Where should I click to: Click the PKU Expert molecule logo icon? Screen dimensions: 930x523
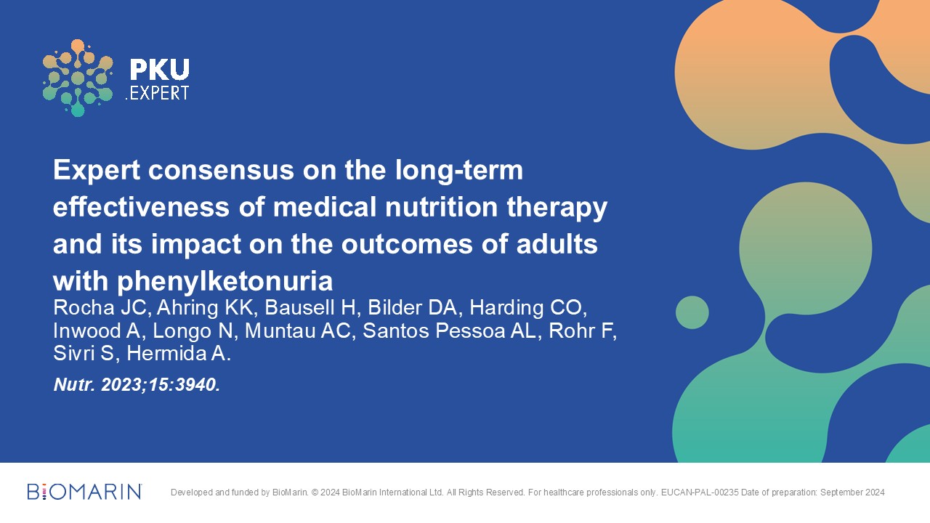point(78,78)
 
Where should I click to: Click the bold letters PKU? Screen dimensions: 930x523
point(159,69)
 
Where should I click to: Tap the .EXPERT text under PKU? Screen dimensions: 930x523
point(157,94)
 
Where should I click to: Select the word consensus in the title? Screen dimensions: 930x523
point(221,170)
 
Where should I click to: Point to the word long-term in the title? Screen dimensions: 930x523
point(458,171)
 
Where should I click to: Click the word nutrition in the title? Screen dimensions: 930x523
point(441,207)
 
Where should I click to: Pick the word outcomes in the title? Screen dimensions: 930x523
point(407,244)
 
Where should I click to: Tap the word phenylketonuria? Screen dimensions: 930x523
point(225,282)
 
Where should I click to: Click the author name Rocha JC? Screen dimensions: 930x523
point(100,307)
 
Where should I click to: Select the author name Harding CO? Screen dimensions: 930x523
point(527,307)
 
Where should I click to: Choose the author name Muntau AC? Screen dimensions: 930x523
point(297,331)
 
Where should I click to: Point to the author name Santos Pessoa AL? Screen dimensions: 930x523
point(449,331)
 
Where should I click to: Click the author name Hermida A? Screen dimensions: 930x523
point(178,354)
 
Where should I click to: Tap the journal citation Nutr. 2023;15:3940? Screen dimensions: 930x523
point(137,385)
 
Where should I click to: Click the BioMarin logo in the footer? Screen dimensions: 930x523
point(85,492)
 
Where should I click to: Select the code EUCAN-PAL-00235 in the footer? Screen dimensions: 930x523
point(700,492)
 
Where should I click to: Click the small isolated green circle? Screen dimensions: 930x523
point(692,312)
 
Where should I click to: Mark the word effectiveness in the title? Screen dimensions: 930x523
point(141,207)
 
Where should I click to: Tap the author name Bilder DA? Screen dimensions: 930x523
point(412,307)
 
